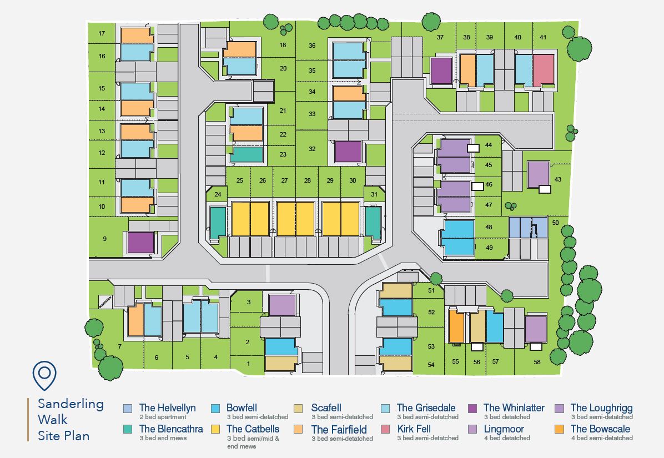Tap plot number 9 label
[104, 239]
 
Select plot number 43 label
[558, 179]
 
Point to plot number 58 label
[537, 362]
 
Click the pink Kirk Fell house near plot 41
[544, 69]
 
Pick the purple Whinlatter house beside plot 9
[140, 243]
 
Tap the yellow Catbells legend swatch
[215, 429]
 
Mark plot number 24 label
[218, 194]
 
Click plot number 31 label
[374, 194]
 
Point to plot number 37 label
[440, 37]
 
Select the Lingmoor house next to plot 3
[282, 305]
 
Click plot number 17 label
[102, 34]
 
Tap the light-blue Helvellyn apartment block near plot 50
[527, 228]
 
